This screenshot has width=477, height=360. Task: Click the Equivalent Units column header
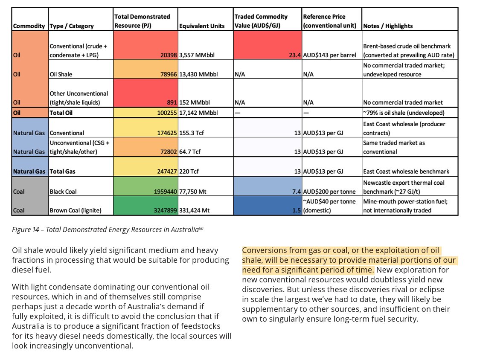click(202, 26)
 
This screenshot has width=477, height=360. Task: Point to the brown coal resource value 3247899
click(162, 210)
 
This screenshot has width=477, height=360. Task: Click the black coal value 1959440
click(162, 192)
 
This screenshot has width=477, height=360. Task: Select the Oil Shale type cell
click(61, 74)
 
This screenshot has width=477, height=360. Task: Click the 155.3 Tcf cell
click(191, 133)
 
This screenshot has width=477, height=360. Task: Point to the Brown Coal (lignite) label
click(77, 210)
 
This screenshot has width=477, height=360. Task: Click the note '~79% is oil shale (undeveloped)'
click(404, 113)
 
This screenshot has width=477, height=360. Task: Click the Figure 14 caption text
click(105, 230)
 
